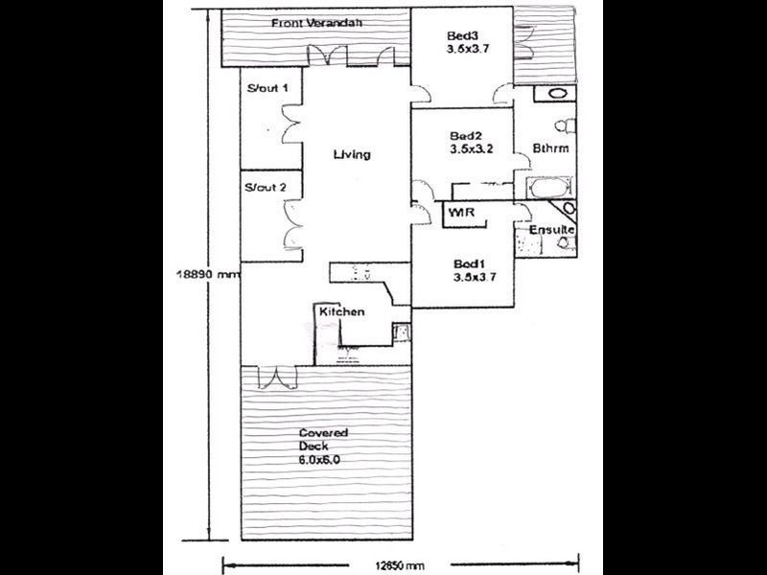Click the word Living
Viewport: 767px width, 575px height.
click(x=352, y=155)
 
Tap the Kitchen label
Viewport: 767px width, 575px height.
click(x=341, y=312)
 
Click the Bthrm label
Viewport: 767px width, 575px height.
click(x=549, y=149)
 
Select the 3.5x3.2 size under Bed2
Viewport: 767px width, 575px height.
click(x=470, y=150)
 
